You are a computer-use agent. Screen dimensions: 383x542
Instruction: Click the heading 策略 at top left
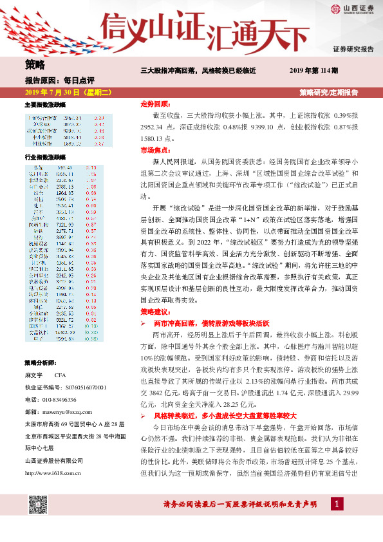point(35,64)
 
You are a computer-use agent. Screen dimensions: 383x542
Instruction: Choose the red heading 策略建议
point(154,312)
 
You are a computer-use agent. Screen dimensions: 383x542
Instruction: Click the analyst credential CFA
point(60,374)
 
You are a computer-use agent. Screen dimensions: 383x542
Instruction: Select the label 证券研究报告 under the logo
point(353,50)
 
